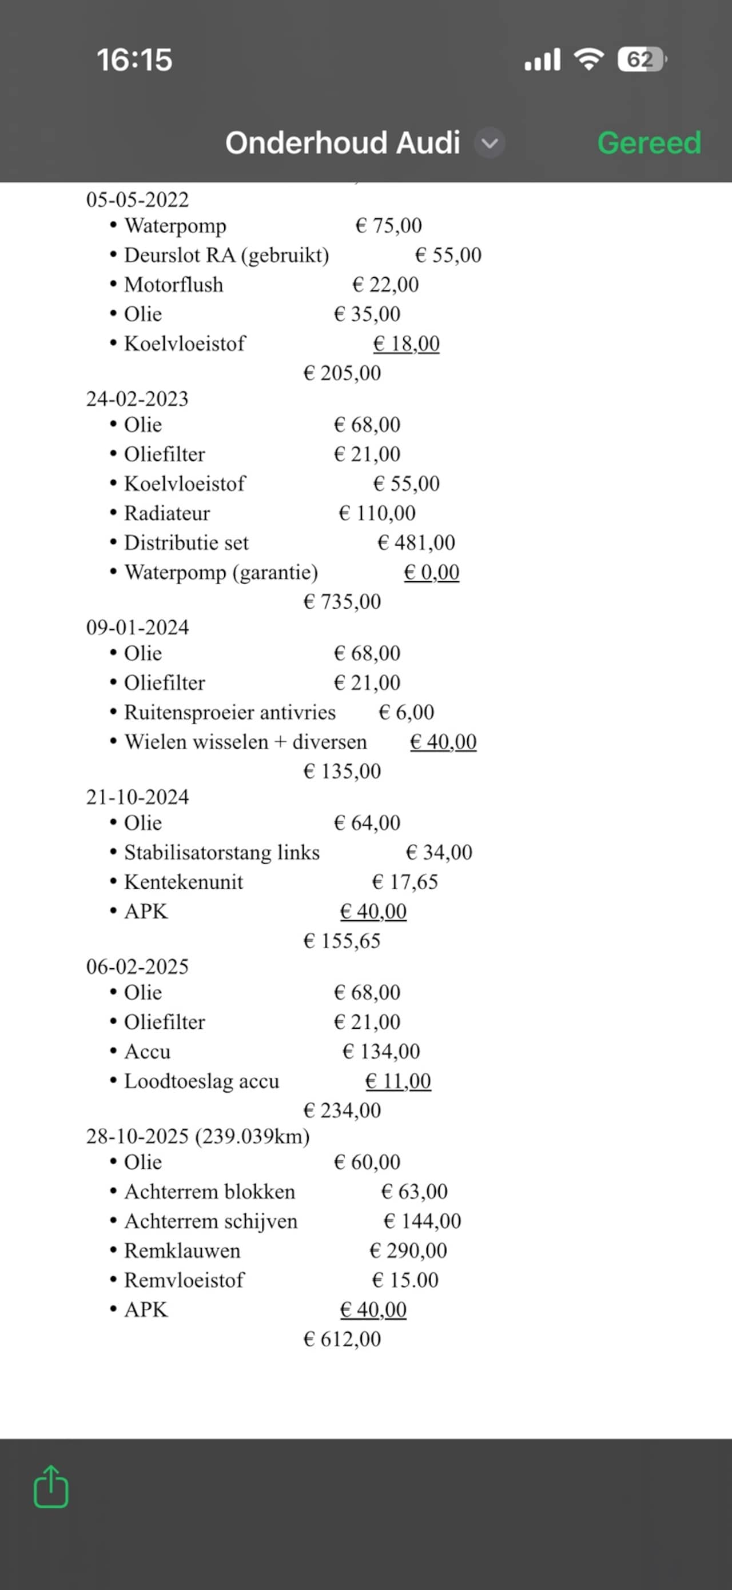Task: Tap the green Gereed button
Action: (649, 143)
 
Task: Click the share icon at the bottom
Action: (51, 1487)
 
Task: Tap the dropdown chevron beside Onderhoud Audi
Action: (489, 143)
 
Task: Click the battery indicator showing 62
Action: (640, 60)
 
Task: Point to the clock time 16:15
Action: (134, 60)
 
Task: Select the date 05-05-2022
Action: (137, 199)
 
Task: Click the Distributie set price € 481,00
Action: (416, 542)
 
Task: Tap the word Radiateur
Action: (167, 513)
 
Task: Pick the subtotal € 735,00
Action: (341, 601)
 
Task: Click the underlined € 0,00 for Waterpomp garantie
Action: (431, 572)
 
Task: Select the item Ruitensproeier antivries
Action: (230, 712)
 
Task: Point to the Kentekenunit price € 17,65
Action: (405, 881)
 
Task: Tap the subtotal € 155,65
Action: (341, 941)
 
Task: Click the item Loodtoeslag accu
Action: (201, 1081)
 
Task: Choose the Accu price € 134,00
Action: (381, 1051)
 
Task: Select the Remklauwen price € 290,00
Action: (408, 1251)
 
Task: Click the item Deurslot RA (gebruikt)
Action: (226, 255)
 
